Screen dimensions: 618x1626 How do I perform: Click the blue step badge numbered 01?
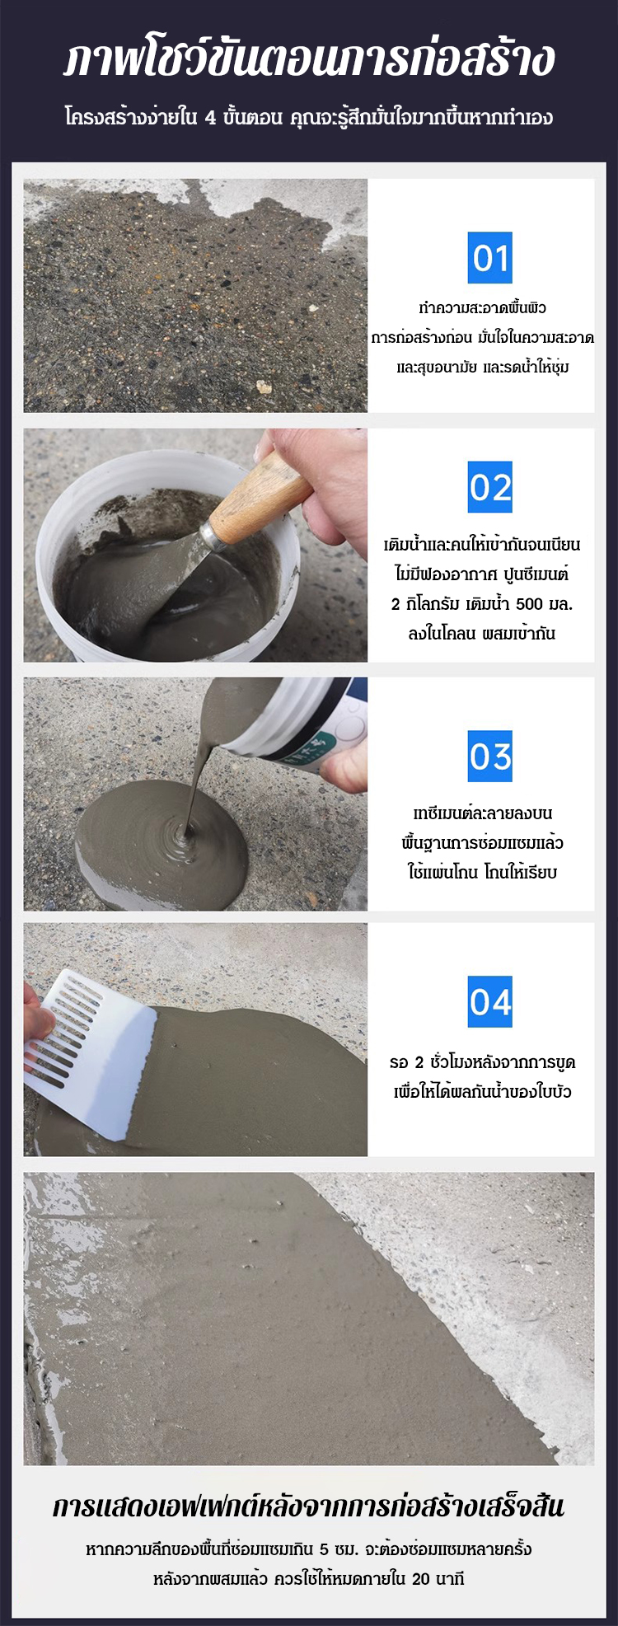click(490, 258)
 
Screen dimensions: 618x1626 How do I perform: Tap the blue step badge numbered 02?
click(490, 487)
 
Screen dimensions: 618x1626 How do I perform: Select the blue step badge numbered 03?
click(490, 756)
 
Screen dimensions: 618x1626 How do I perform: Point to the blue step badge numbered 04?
click(490, 1001)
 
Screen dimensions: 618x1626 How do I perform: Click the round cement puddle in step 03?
click(162, 849)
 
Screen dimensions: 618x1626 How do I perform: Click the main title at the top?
click(309, 59)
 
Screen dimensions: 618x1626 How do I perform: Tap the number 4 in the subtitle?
click(211, 119)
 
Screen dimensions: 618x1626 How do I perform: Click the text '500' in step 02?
click(529, 604)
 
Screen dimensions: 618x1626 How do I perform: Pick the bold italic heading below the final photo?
click(309, 1506)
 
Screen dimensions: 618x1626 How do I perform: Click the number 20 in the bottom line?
click(420, 1579)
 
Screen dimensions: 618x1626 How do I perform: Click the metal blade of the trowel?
click(177, 569)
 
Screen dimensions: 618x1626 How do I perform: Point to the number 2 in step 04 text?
click(419, 1061)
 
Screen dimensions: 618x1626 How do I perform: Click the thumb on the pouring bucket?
click(344, 771)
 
